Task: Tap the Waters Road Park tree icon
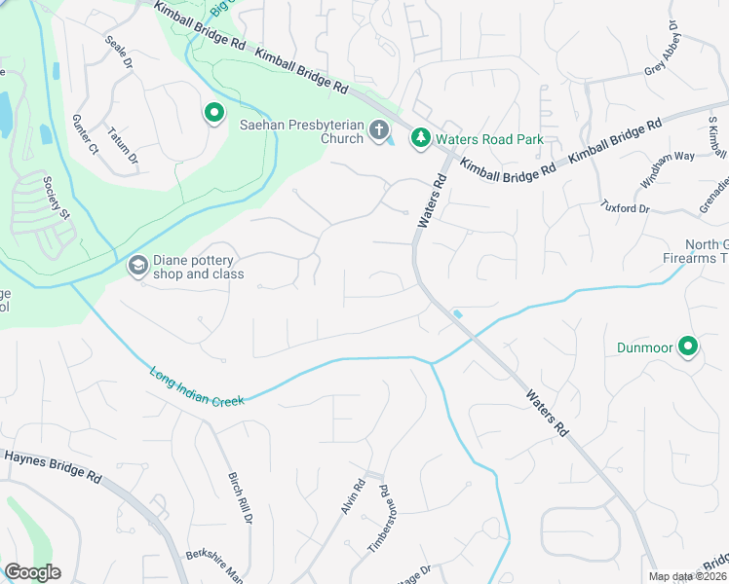point(420,139)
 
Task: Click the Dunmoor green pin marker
point(688,347)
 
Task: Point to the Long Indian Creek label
point(196,385)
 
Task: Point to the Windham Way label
point(667,168)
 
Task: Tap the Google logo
point(32,572)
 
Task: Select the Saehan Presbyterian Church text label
point(302,130)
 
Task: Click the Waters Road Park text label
point(489,139)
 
